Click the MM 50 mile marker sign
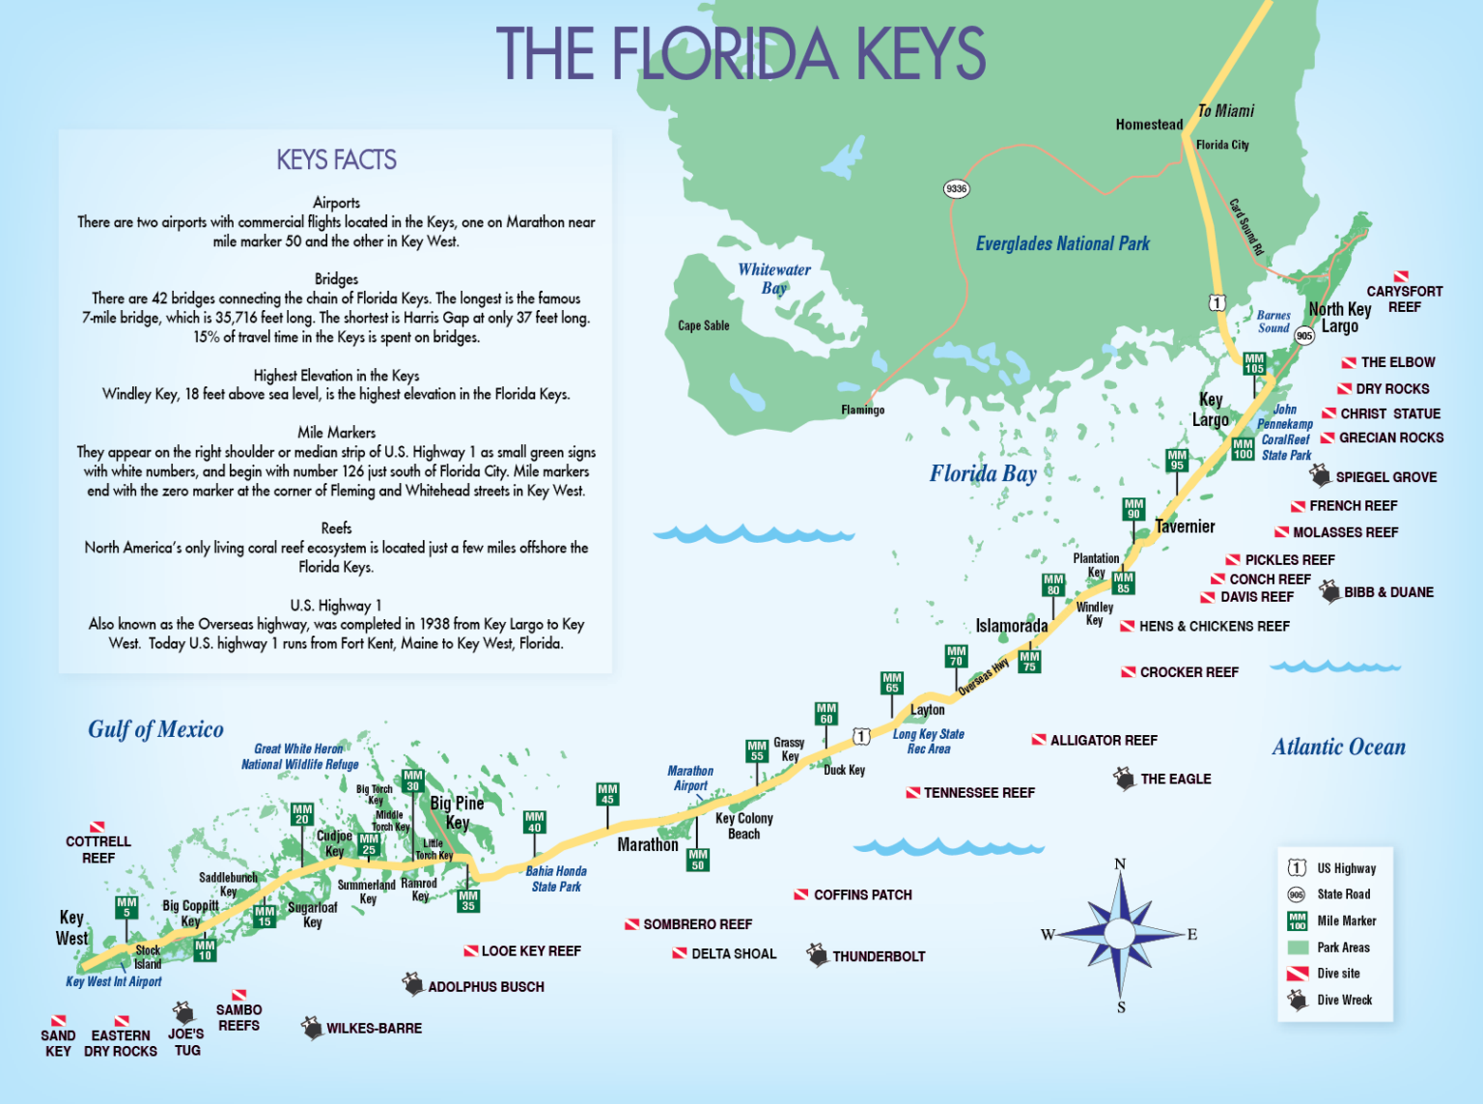click(x=698, y=860)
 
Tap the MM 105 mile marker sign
click(x=1254, y=363)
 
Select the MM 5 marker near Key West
click(x=126, y=907)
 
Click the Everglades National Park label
click(x=1062, y=244)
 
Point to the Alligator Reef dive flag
click(x=1039, y=740)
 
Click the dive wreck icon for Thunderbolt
click(x=818, y=955)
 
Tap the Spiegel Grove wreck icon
click(x=1320, y=475)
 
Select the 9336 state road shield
click(x=956, y=189)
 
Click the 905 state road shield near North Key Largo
click(x=1304, y=335)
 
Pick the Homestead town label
click(x=1149, y=125)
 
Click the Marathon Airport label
click(x=690, y=778)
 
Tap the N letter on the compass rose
click(x=1120, y=863)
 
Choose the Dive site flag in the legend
click(x=1298, y=974)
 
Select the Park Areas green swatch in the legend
click(x=1298, y=948)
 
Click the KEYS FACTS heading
click(x=336, y=160)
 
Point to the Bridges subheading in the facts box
click(x=336, y=279)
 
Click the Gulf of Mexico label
click(x=155, y=729)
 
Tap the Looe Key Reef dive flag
click(x=471, y=951)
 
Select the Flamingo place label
click(x=862, y=410)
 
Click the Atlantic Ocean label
click(x=1338, y=747)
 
